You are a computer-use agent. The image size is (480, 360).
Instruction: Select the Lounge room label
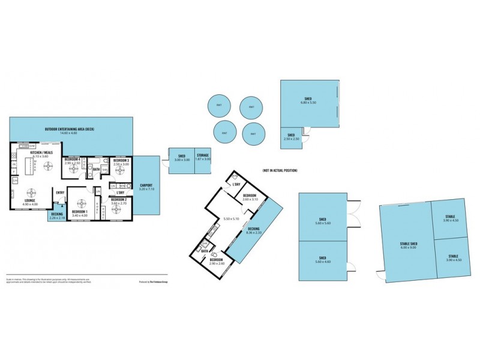[x=30, y=200]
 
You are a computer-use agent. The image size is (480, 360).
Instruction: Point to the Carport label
[x=146, y=185]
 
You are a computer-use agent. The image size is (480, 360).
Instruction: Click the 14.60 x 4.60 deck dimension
[x=70, y=133]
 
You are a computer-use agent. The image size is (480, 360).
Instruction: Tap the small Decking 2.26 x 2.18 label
[x=57, y=214]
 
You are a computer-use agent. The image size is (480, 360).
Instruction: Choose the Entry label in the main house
[x=60, y=192]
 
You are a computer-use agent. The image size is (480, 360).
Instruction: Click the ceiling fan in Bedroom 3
[x=122, y=170]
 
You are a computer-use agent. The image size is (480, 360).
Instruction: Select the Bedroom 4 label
[x=73, y=159]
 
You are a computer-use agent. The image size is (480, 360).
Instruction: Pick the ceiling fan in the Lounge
[x=30, y=192]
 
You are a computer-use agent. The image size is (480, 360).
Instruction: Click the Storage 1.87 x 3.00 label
[x=203, y=155]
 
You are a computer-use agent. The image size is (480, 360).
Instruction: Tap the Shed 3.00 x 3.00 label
[x=181, y=155]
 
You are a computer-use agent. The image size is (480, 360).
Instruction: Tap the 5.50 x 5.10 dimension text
[x=231, y=218]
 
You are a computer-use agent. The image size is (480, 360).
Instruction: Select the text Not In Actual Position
[x=280, y=170]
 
